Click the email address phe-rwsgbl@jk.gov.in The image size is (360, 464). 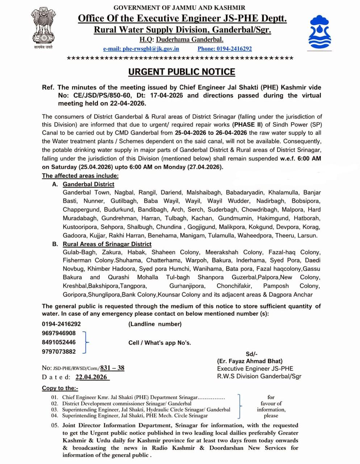pyautogui.click(x=141, y=49)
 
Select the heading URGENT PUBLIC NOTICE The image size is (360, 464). pyautogui.click(x=181, y=72)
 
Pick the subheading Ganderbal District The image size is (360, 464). pyautogui.click(x=88, y=184)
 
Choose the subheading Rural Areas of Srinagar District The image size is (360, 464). pyautogui.click(x=107, y=244)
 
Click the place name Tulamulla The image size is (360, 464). pyautogui.click(x=221, y=236)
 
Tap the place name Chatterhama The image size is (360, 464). pyautogui.click(x=163, y=260)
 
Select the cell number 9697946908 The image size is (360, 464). pyautogui.click(x=59, y=333)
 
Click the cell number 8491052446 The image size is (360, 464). pyautogui.click(x=59, y=342)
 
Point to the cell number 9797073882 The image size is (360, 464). pyautogui.click(x=59, y=351)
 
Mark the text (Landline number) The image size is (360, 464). pyautogui.click(x=155, y=324)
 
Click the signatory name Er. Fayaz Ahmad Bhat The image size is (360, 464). pyautogui.click(x=250, y=361)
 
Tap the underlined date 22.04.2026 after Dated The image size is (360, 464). pyautogui.click(x=92, y=377)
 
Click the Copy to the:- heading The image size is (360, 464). pyautogui.click(x=60, y=388)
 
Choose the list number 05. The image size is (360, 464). pyautogui.click(x=55, y=425)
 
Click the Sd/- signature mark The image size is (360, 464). pyautogui.click(x=251, y=354)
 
